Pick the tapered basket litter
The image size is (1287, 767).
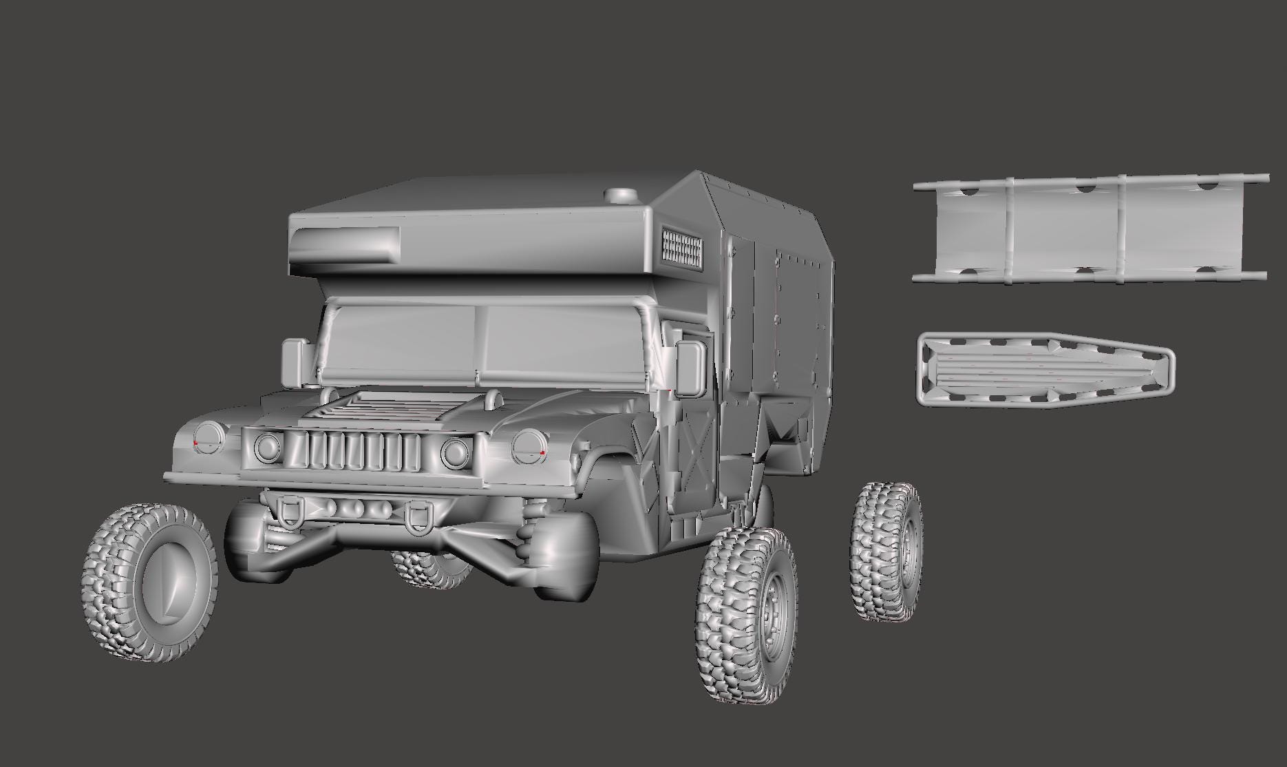point(1044,370)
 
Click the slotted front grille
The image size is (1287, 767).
point(365,452)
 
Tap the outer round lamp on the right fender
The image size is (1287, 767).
point(529,446)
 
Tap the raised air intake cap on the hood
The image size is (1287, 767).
point(493,397)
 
